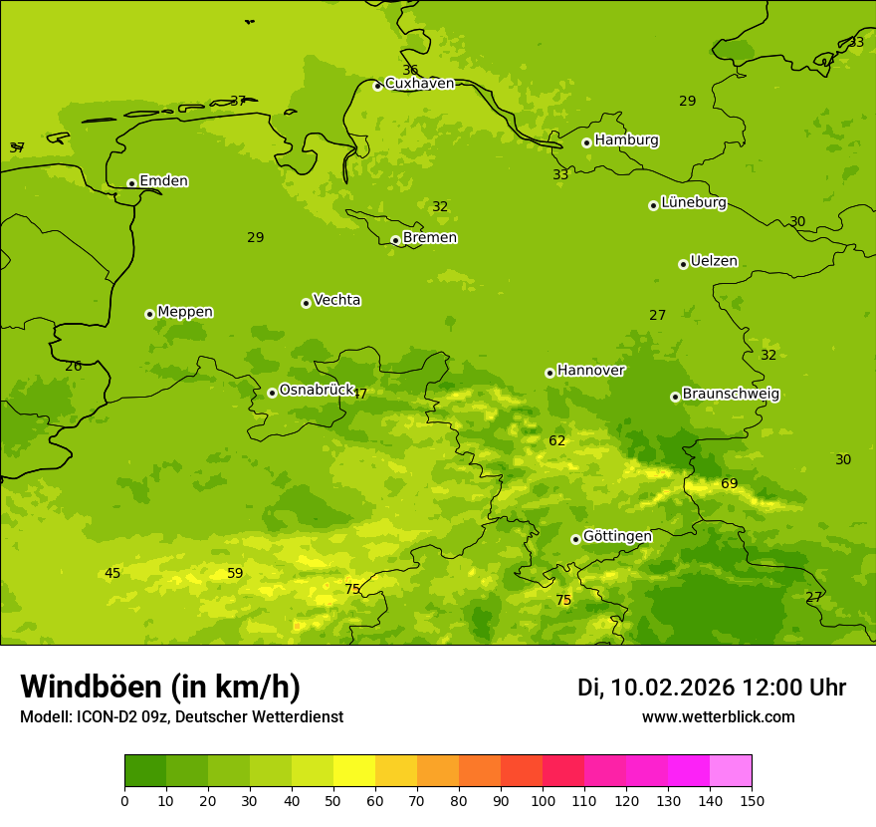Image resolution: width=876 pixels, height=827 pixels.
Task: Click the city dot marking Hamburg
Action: click(x=587, y=142)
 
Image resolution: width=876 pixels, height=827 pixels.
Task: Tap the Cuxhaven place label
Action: click(x=419, y=84)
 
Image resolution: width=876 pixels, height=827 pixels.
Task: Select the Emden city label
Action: click(x=163, y=181)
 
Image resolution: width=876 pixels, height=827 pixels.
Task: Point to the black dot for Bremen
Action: click(x=395, y=240)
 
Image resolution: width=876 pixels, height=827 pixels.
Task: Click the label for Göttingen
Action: click(x=617, y=537)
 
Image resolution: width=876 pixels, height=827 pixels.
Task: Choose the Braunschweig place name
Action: click(x=731, y=395)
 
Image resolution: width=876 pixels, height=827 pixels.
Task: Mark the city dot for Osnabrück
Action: click(x=272, y=393)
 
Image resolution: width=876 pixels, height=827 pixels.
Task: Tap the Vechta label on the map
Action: click(x=336, y=300)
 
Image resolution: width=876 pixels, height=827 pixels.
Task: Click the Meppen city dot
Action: click(x=149, y=314)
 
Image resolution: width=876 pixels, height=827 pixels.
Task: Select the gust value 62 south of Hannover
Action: click(x=557, y=440)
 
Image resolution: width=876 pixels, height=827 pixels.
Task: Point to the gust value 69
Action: click(x=730, y=484)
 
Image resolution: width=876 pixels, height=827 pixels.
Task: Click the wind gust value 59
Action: click(x=235, y=573)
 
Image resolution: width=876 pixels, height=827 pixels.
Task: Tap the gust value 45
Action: click(x=112, y=573)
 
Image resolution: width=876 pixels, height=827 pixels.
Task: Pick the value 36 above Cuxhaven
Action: click(x=410, y=70)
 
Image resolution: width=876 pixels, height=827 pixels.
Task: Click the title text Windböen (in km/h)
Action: click(x=160, y=687)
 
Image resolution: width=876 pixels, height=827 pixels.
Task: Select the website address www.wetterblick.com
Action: click(x=718, y=716)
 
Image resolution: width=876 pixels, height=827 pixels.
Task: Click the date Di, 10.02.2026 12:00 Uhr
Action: click(x=712, y=688)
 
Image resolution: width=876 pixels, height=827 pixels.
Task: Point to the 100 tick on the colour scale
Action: click(x=543, y=800)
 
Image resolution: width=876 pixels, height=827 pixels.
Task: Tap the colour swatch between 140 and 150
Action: click(x=731, y=770)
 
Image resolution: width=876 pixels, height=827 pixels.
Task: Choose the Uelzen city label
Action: click(x=714, y=262)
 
